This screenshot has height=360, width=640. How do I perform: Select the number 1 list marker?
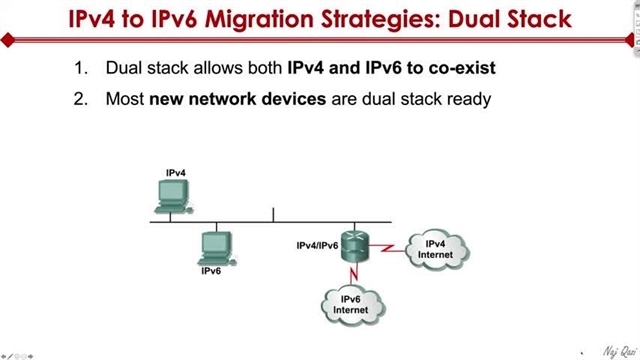pyautogui.click(x=82, y=69)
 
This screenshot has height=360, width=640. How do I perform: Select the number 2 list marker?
pyautogui.click(x=82, y=99)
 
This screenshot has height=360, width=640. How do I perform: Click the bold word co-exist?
pyautogui.click(x=462, y=69)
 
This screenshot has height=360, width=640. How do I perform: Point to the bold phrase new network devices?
pyautogui.click(x=220, y=99)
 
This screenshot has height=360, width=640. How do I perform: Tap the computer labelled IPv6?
pyautogui.click(x=214, y=246)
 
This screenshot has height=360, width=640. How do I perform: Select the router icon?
pyautogui.click(x=355, y=245)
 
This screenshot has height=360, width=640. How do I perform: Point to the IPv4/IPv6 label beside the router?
pyautogui.click(x=317, y=245)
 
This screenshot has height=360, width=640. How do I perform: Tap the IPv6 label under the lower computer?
pyautogui.click(x=211, y=271)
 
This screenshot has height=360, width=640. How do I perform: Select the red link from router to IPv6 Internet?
pyautogui.click(x=353, y=273)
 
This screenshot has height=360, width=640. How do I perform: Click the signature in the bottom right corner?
pyautogui.click(x=610, y=351)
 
